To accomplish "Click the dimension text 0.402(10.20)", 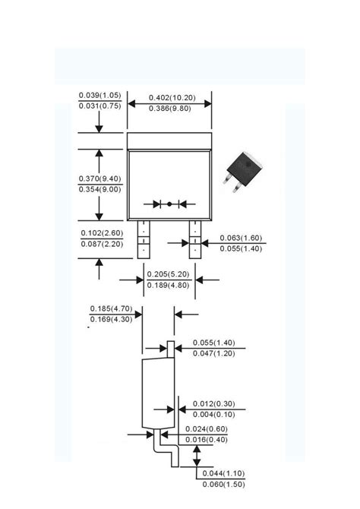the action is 172,98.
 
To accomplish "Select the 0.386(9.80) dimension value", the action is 170,109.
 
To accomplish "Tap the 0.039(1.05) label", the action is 99,95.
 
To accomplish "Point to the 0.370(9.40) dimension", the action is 99,179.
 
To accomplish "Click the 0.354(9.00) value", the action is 99,189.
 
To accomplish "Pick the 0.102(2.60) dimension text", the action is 102,233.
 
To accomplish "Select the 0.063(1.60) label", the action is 241,238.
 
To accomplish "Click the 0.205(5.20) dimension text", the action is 168,274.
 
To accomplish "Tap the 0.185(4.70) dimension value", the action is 111,308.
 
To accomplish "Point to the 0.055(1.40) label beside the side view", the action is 214,343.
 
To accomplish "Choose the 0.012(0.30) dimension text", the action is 214,404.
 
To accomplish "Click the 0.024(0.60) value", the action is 207,428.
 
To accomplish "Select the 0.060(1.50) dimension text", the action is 223,485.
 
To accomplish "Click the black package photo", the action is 243,172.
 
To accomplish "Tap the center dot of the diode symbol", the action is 169,204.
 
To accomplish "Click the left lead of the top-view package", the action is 144,239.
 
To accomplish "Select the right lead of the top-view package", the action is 195,239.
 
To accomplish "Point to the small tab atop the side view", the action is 171,349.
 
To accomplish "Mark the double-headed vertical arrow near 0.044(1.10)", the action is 197,456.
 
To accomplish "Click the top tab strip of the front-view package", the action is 169,141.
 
